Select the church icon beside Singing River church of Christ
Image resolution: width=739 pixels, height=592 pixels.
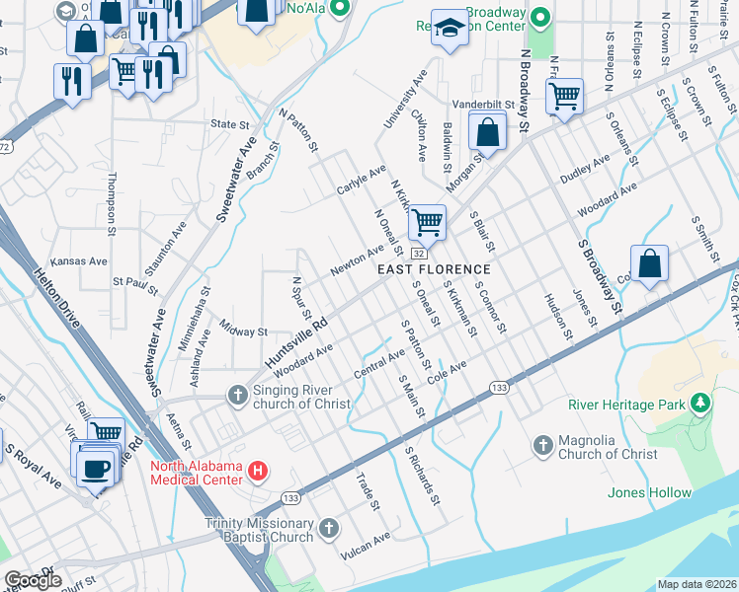coord(237,396)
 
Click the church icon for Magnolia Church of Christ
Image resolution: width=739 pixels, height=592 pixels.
coord(542,446)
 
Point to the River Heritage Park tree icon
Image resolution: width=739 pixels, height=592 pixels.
coord(700,404)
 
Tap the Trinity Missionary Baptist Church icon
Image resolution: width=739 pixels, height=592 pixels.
coord(328,530)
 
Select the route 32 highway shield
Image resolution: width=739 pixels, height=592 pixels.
coord(419,255)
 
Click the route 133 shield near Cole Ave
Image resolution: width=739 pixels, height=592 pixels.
coord(500,389)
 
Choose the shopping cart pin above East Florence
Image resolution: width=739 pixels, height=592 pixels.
coord(427,221)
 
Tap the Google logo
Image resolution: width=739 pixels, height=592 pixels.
coord(34,580)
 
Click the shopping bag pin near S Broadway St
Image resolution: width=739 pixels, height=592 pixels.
coord(649,263)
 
